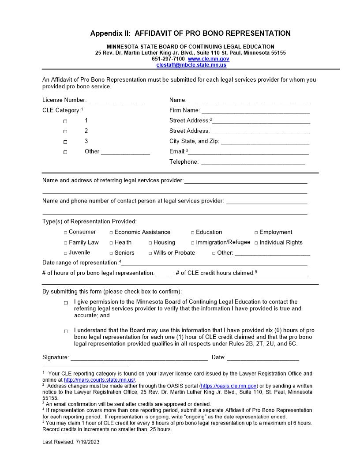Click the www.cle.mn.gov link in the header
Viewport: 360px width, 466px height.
pos(208,59)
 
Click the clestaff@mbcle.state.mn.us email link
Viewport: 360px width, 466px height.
pos(191,65)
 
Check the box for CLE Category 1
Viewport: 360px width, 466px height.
pos(65,121)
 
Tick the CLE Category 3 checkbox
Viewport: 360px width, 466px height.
pos(65,142)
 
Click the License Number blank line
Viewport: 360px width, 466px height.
pos(116,101)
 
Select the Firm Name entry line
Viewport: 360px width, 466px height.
pos(255,111)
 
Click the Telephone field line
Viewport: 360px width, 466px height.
pos(253,162)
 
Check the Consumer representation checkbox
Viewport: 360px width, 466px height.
pos(65,233)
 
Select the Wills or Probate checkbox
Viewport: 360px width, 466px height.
pos(150,253)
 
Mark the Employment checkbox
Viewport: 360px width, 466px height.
pos(256,233)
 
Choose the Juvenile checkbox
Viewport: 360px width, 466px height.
pos(65,253)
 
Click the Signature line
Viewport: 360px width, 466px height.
pos(139,358)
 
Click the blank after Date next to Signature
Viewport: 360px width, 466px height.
pos(263,358)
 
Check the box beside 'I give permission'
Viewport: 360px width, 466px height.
pos(65,303)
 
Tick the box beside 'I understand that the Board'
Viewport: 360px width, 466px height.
pos(65,331)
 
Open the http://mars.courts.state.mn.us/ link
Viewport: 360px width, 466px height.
pos(100,380)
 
